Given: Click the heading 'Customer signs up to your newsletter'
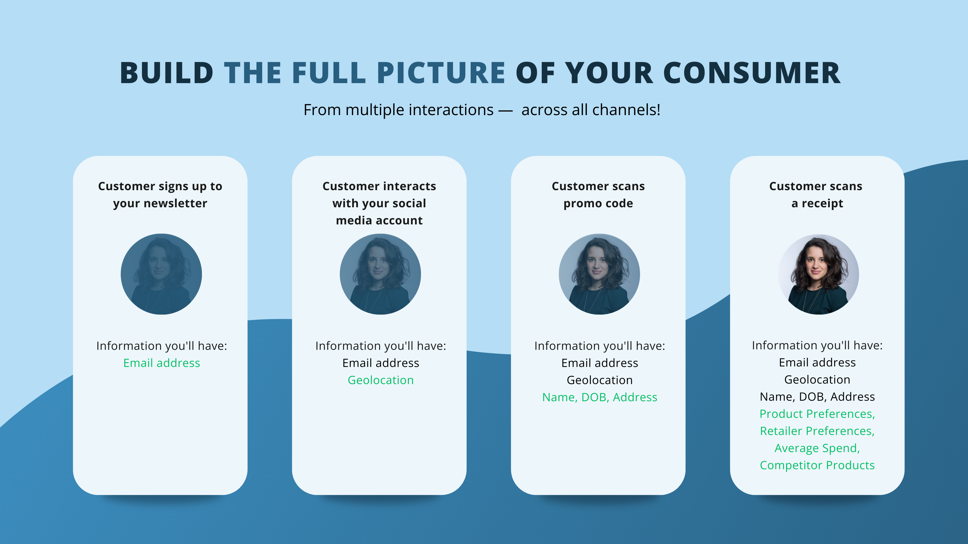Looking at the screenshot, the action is click(160, 194).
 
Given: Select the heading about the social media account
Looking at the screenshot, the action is click(379, 203).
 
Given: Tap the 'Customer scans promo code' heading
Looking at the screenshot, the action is click(598, 194).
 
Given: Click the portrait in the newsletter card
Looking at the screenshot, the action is click(161, 274).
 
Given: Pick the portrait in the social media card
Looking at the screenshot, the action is click(380, 274).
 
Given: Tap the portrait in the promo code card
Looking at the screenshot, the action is click(599, 274).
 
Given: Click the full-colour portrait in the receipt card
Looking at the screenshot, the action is click(819, 274).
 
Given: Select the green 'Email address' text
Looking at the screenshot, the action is click(162, 363).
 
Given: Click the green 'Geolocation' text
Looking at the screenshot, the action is click(381, 380).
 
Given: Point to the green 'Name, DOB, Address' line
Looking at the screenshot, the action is click(600, 397).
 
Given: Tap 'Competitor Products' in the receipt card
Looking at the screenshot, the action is click(817, 465).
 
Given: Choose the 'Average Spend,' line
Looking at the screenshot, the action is click(817, 448).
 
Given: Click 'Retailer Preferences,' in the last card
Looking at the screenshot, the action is click(817, 431).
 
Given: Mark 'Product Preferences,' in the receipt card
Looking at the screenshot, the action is click(817, 414).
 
